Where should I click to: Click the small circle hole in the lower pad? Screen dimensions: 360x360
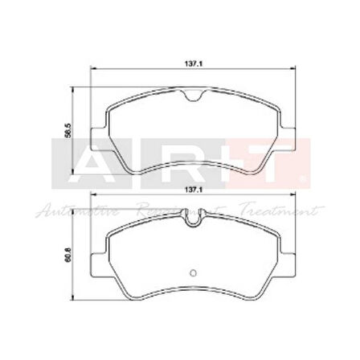pos(192,270)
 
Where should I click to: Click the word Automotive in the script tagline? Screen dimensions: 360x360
pos(76,211)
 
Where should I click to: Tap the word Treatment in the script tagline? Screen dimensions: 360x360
pos(281,211)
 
